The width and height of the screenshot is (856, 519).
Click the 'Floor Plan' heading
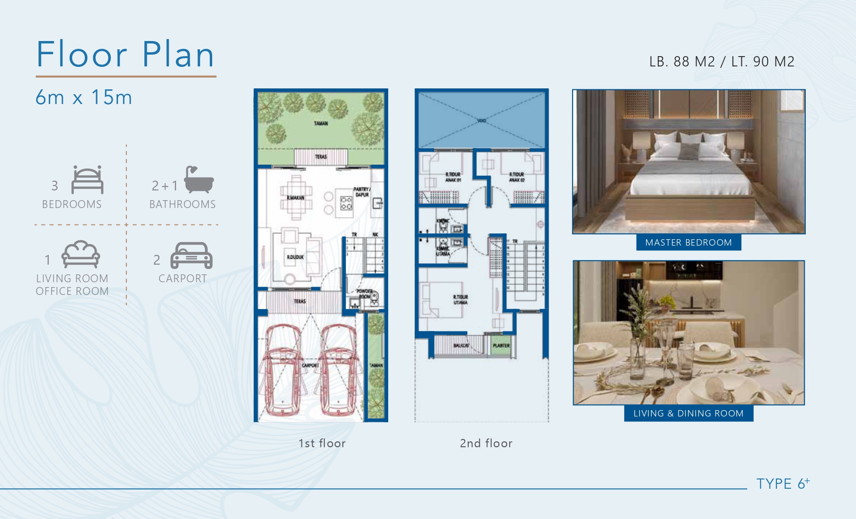(x=125, y=54)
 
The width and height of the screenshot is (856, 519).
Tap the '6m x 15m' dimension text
(x=84, y=98)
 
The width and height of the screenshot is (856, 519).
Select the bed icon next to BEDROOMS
(x=87, y=180)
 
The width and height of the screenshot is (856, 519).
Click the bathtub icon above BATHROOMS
(x=199, y=180)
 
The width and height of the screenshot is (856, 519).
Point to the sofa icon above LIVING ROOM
(x=80, y=254)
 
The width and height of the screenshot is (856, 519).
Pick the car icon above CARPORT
(x=191, y=255)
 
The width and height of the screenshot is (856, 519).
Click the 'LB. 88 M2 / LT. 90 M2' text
(x=721, y=62)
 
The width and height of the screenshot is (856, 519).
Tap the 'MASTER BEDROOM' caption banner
(x=688, y=243)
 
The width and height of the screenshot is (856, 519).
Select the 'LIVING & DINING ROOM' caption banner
(x=688, y=414)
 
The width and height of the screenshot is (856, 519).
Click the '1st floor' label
(x=322, y=443)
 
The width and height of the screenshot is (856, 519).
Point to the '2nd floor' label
(x=486, y=443)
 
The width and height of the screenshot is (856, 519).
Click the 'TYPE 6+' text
(x=782, y=484)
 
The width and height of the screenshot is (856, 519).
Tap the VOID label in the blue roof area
(x=481, y=121)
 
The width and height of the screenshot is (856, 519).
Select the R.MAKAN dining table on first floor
(x=296, y=197)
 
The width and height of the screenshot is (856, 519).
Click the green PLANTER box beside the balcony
(x=501, y=345)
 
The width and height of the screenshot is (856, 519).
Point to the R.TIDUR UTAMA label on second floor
(x=460, y=300)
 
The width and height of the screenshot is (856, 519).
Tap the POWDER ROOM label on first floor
(x=365, y=294)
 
